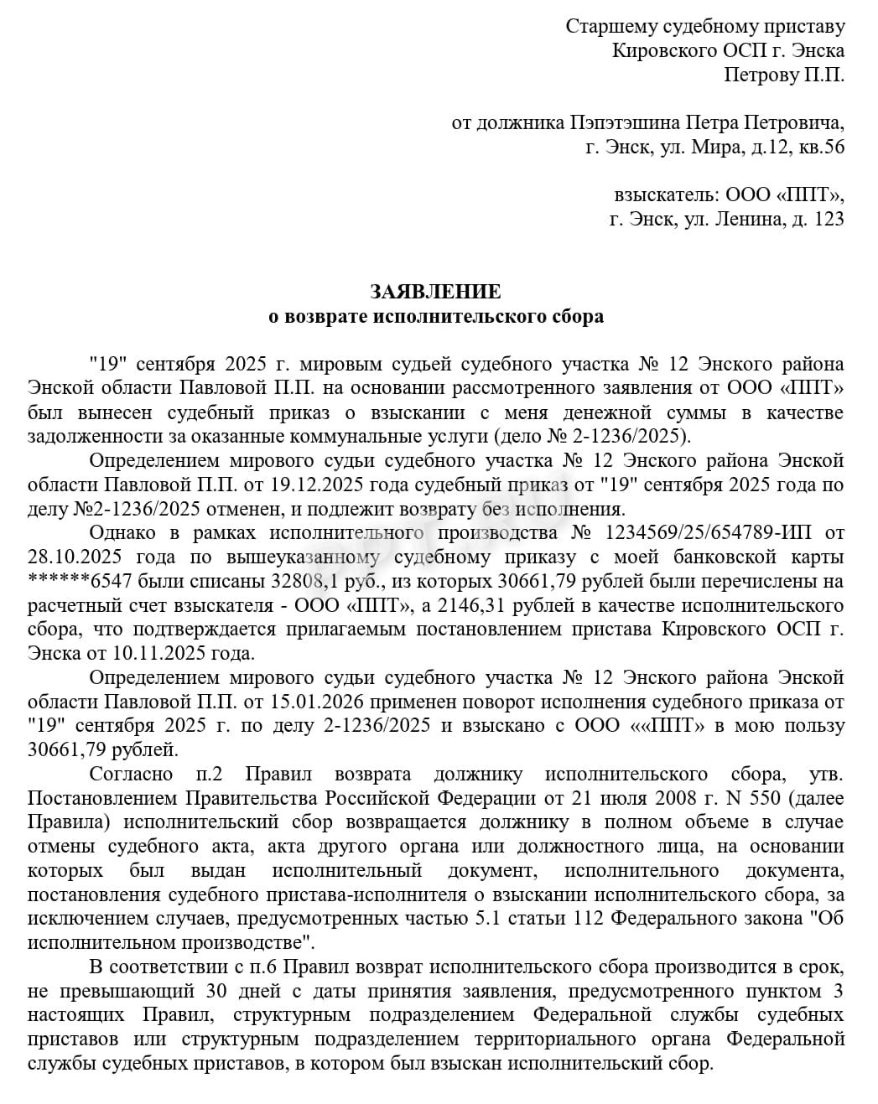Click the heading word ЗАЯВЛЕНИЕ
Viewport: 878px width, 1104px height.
(435, 292)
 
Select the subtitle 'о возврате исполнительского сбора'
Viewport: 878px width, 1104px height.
(435, 316)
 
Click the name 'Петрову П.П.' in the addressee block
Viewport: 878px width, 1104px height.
(784, 75)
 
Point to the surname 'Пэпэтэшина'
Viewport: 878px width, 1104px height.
(626, 123)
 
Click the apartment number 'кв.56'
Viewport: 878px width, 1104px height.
(823, 148)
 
